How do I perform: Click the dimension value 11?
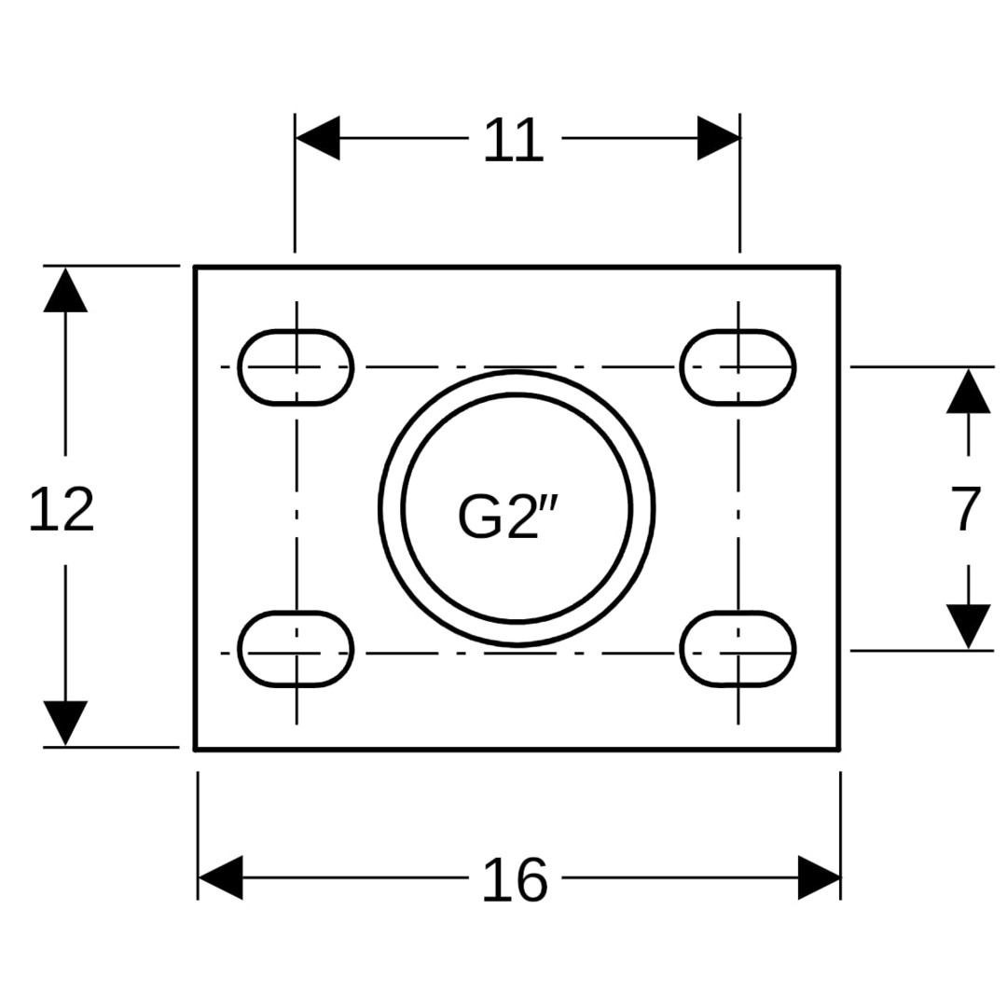coord(513,139)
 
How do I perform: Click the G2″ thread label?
coord(507,517)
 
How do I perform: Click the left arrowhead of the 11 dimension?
coord(317,137)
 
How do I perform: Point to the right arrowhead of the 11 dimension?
coord(719,137)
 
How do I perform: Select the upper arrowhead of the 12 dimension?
coord(65,290)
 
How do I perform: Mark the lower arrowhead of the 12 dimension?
coord(65,724)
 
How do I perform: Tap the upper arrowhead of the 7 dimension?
coord(968,391)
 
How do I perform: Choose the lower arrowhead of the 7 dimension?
coord(968,627)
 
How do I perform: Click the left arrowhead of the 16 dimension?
coord(220,877)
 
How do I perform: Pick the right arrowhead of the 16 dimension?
coord(819,877)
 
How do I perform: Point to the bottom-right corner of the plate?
coord(839,749)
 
